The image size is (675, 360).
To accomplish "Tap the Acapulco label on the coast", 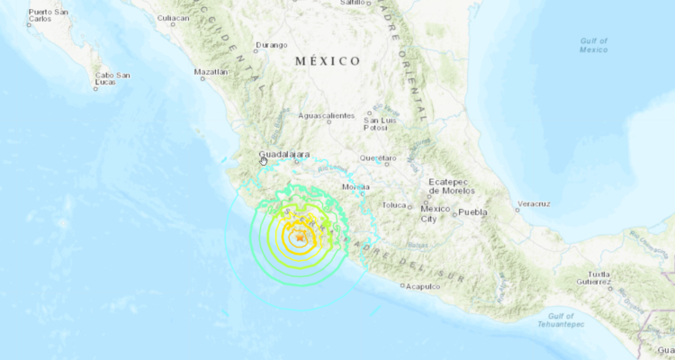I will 422,286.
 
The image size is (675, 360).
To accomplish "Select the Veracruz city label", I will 534,203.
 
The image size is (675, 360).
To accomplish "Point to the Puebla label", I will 472,212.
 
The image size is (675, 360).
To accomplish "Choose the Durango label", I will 271,44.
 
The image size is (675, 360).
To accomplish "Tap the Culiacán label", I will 173,17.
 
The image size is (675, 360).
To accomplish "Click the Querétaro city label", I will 377,157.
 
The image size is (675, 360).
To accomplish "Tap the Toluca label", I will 395,204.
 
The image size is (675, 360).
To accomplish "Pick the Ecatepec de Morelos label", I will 451,185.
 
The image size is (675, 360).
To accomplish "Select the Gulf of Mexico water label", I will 594,45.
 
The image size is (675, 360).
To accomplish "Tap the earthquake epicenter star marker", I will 298,238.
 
